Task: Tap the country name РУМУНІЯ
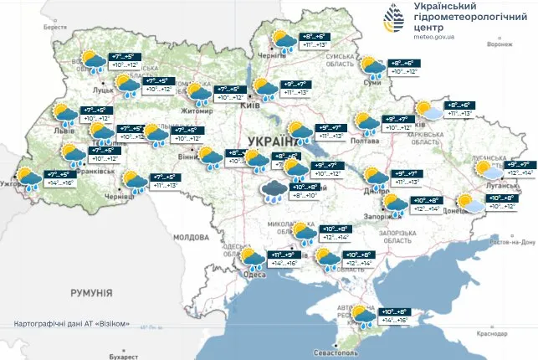(x=92, y=293)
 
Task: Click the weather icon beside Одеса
(x=250, y=257)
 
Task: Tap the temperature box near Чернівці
(x=162, y=182)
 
